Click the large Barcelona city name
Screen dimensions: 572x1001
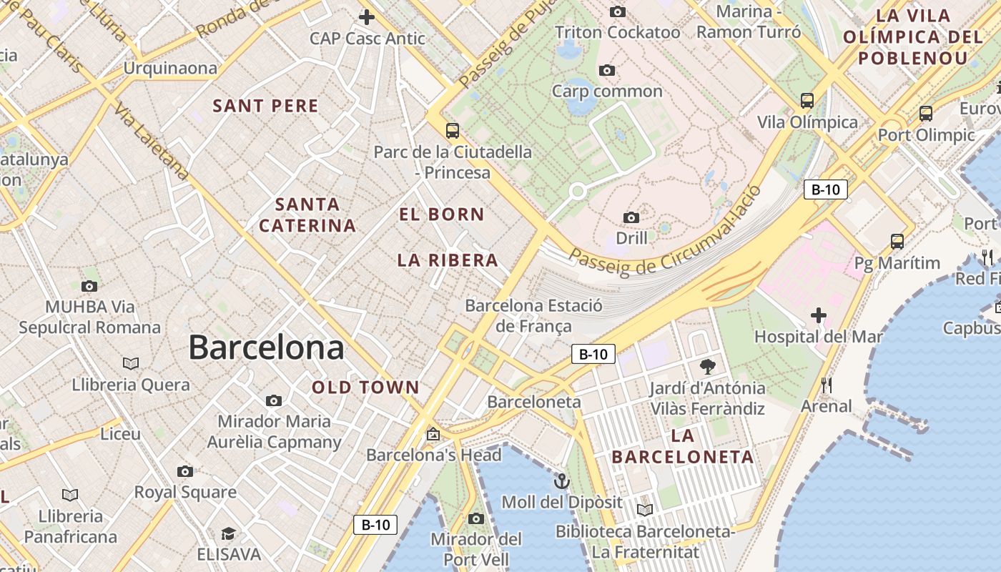[266, 348]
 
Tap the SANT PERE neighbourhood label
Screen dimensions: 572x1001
[265, 107]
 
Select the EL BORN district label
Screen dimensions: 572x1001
[441, 214]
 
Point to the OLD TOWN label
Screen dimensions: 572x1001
[365, 388]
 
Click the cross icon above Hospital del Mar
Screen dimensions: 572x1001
[819, 315]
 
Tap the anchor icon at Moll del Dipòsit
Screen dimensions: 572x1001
[561, 480]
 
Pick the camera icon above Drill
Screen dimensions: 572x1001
[631, 217]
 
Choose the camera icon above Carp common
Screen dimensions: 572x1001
[607, 70]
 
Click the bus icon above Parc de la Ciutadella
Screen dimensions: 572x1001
[452, 130]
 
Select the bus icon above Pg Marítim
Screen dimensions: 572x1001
[897, 241]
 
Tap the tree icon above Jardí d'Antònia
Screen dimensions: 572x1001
[708, 367]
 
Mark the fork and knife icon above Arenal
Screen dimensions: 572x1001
[827, 385]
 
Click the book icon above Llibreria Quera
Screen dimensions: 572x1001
[130, 363]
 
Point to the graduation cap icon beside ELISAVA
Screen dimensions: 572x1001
[228, 534]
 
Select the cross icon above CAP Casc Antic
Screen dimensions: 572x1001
[367, 16]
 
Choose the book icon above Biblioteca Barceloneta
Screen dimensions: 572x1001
[645, 510]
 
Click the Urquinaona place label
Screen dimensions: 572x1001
[170, 69]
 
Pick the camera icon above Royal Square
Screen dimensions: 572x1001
[185, 471]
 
